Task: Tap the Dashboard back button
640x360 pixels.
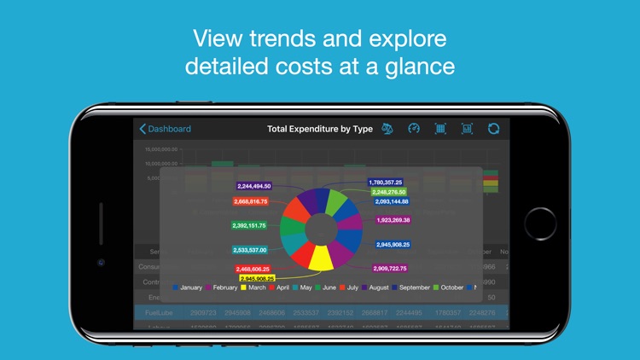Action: [166, 129]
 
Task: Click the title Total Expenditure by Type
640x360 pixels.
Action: [319, 129]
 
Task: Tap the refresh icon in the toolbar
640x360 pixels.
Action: [493, 129]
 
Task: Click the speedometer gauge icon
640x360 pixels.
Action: [414, 129]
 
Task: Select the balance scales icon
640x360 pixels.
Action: [387, 129]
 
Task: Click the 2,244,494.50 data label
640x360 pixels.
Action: [253, 186]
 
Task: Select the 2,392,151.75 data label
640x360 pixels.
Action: [249, 225]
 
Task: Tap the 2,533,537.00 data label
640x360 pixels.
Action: [249, 250]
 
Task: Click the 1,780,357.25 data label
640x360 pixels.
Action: [385, 182]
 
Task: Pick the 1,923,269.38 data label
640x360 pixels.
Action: [393, 220]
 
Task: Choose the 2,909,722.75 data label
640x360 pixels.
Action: [389, 269]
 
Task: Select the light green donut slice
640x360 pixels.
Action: [338, 203]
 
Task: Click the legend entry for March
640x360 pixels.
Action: [253, 287]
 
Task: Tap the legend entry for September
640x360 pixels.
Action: [410, 287]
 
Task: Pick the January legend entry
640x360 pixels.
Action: [187, 287]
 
